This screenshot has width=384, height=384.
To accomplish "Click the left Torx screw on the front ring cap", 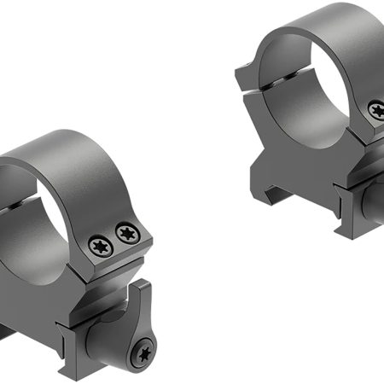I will (99, 245).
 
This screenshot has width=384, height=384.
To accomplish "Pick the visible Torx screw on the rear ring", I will (375, 109).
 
